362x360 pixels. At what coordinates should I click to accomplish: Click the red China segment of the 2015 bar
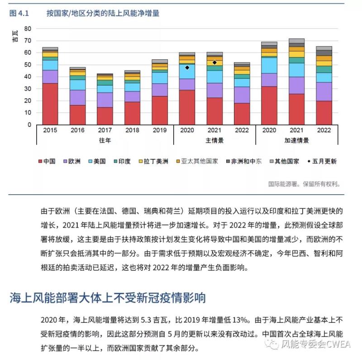pos(50,104)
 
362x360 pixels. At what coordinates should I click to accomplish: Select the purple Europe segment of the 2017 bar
pos(105,100)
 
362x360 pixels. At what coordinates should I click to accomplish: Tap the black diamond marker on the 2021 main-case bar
pos(214,62)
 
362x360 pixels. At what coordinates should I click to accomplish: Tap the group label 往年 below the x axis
pos(105,140)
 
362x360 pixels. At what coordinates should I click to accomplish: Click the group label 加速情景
pos(296,140)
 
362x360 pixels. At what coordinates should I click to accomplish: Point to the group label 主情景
pos(214,140)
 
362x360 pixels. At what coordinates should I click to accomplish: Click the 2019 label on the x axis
pos(160,130)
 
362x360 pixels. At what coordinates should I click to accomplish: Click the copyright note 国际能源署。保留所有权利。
pos(304,184)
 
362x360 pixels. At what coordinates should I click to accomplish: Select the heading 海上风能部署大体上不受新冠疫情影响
pos(108,298)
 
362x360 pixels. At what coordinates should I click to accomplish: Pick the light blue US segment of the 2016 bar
pos(77,85)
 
